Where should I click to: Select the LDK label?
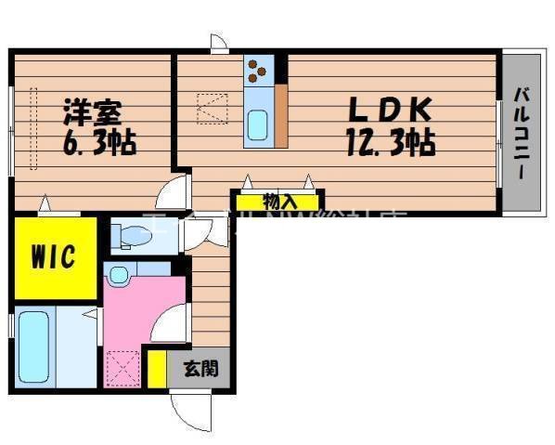[x=389, y=109]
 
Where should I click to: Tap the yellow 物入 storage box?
[x=278, y=201]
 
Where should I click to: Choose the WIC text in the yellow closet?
[x=53, y=255]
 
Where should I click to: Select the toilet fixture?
[x=129, y=236]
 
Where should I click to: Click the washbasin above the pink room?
[x=119, y=274]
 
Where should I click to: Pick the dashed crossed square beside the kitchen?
[x=213, y=109]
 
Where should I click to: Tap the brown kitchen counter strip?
[x=280, y=115]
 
